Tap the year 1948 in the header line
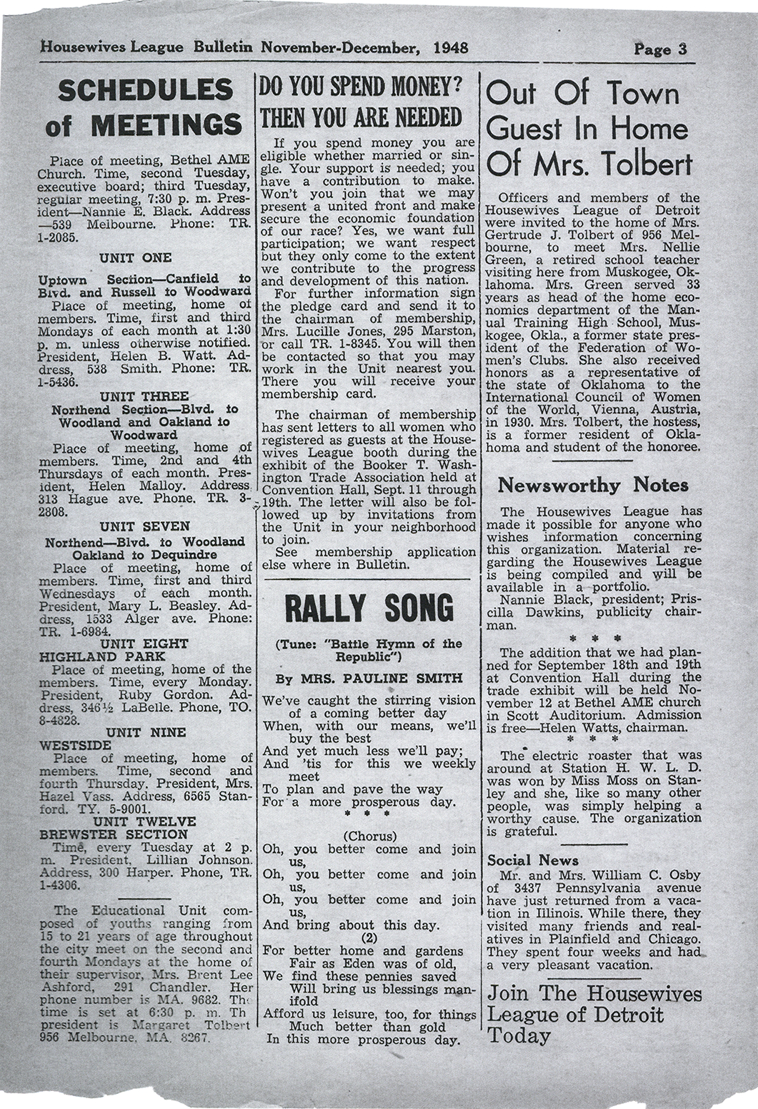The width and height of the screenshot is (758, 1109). tap(451, 48)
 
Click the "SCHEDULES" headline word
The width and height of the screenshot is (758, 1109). tap(145, 91)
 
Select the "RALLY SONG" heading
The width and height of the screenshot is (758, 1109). tap(369, 610)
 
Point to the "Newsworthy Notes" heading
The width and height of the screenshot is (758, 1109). tap(593, 486)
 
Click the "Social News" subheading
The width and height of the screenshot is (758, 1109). tap(533, 860)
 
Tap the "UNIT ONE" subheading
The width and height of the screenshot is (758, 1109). tap(136, 258)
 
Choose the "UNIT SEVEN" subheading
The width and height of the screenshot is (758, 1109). tap(144, 527)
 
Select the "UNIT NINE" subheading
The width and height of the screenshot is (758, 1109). tap(146, 732)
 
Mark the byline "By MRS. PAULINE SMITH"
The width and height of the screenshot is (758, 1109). tap(369, 678)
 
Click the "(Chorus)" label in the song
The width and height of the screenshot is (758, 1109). tap(369, 836)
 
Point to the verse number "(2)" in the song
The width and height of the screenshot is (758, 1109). tap(369, 937)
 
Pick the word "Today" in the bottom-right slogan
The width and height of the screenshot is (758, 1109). tap(519, 1036)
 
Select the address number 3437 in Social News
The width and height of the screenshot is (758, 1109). tap(524, 888)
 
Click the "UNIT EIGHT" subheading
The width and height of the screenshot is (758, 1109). tap(145, 644)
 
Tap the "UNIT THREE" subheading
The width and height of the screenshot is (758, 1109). tap(144, 396)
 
